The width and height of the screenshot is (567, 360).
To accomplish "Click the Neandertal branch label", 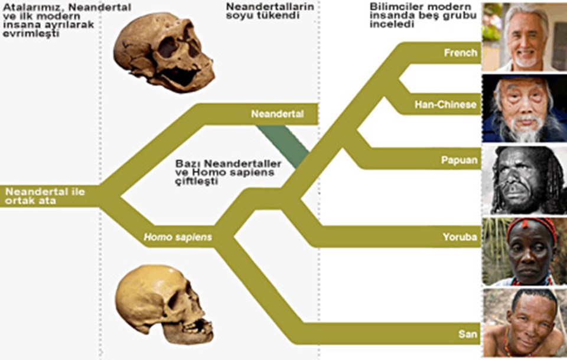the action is click(278, 114).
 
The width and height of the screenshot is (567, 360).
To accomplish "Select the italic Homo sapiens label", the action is click(178, 237).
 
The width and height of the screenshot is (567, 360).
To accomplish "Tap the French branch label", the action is click(461, 53).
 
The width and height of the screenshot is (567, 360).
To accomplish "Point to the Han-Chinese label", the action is click(445, 105).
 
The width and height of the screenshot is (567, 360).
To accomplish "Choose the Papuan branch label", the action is click(460, 160).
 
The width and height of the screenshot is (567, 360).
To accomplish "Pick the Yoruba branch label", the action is click(460, 237).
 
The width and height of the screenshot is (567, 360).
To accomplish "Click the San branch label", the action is click(468, 334).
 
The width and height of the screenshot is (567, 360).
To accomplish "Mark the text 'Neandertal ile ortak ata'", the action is click(45, 196).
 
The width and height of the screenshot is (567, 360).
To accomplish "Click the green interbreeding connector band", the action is click(283, 146).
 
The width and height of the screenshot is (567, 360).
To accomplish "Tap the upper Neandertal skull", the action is click(164, 53).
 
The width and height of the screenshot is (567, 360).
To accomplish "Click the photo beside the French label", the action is click(524, 37).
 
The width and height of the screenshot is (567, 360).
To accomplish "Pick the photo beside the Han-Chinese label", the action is click(524, 109).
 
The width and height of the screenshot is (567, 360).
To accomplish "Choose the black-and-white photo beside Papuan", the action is click(524, 180).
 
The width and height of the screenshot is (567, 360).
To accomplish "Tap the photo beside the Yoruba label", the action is click(524, 251).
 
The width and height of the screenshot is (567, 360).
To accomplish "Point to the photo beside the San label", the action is click(524, 323).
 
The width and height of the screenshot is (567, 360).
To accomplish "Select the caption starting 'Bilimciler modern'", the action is click(423, 15).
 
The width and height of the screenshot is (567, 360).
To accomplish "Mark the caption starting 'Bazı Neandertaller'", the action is click(228, 172).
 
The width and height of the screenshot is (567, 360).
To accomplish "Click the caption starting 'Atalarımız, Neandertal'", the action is click(67, 20).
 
